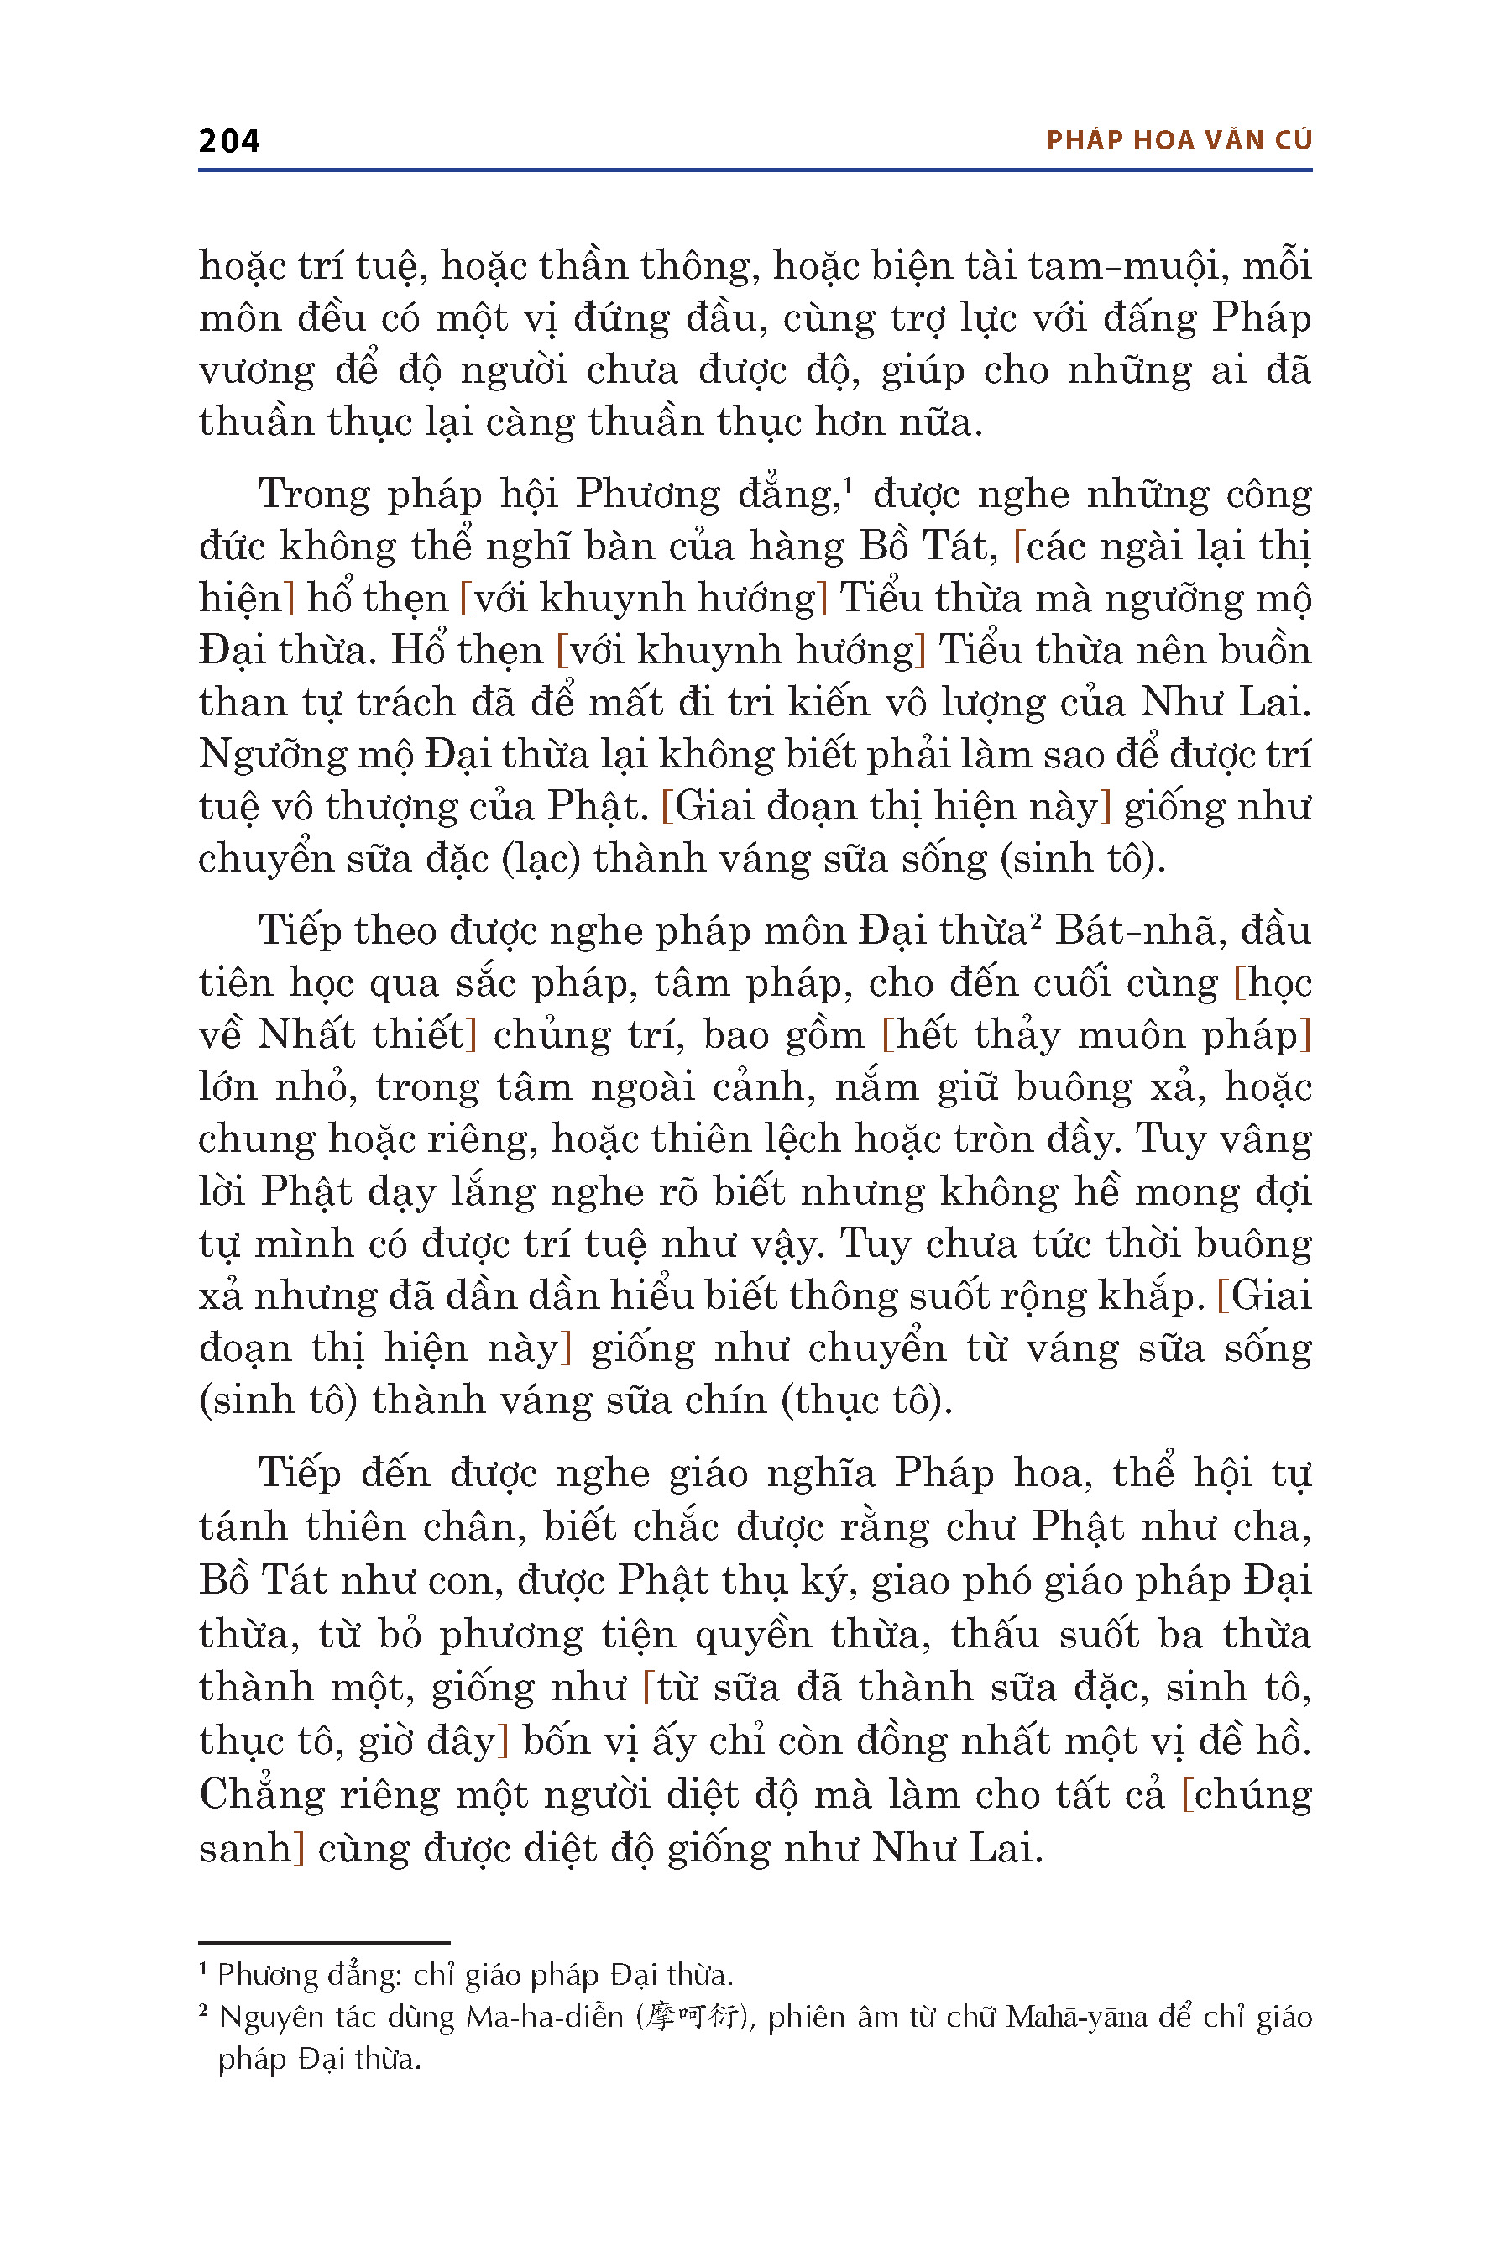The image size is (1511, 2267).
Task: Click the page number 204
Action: point(228,141)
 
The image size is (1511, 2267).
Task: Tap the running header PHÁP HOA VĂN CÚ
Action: point(1179,141)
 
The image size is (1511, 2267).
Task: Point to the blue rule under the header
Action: point(755,170)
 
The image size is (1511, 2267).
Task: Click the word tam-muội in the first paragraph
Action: point(1127,266)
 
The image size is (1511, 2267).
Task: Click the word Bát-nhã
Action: point(1126,931)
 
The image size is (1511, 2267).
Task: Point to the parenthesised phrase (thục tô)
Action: point(866,1400)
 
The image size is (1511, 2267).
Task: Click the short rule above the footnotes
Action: point(324,1942)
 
